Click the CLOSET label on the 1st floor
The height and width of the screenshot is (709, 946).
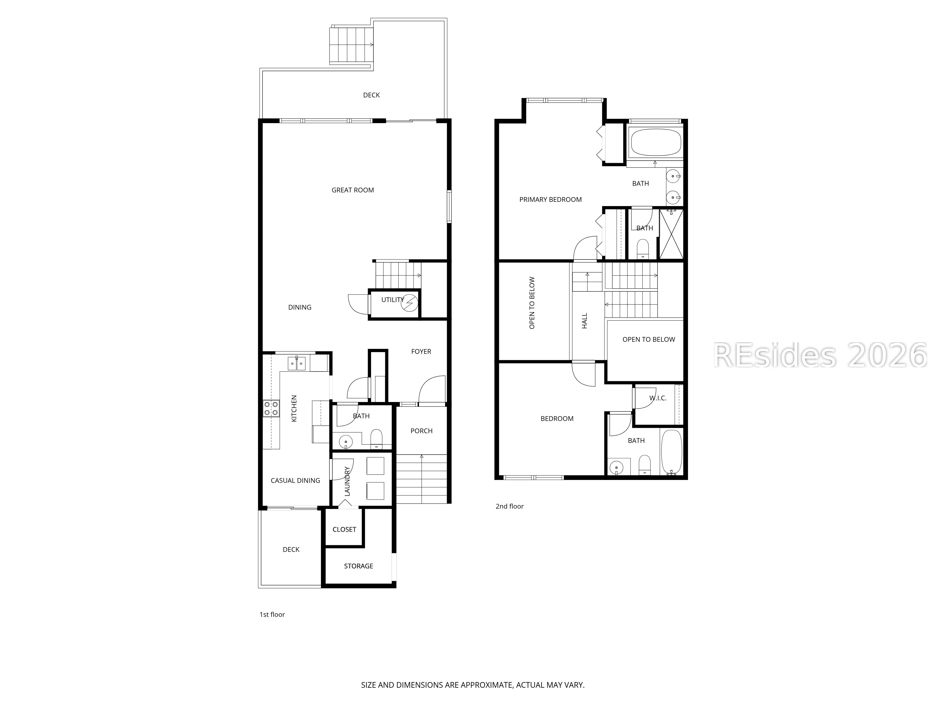coord(344,530)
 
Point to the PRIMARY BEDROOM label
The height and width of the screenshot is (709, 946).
coord(550,199)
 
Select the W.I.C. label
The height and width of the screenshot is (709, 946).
coord(658,398)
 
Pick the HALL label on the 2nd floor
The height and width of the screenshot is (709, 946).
coord(585,321)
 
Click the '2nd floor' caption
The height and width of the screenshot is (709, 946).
coord(509,506)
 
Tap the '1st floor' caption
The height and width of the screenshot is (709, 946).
coord(272,614)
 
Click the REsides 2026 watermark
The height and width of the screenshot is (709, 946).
coord(820,355)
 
